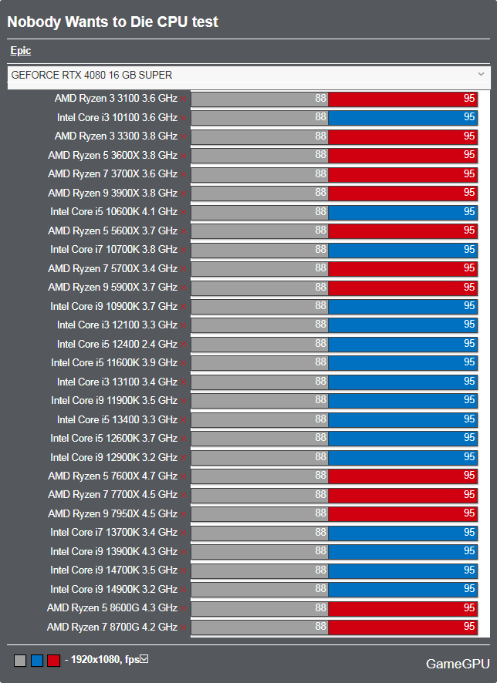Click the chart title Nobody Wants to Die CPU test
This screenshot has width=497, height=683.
click(x=113, y=22)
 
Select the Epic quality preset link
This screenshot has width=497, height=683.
click(x=21, y=51)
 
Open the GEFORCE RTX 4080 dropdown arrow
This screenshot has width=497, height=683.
click(x=481, y=74)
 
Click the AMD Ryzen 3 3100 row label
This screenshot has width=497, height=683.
click(x=116, y=99)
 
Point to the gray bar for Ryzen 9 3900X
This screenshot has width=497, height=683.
click(x=259, y=193)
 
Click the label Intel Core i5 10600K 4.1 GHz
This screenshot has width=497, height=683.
click(x=113, y=212)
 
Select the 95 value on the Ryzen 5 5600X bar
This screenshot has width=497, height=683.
click(x=469, y=230)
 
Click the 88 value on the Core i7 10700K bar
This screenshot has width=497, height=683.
click(x=321, y=249)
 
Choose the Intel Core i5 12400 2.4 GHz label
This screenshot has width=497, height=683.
click(x=117, y=344)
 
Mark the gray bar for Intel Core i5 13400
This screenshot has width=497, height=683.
click(x=259, y=419)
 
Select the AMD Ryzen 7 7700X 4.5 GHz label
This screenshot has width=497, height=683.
click(x=113, y=495)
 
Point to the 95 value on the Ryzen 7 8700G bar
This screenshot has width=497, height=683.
click(x=469, y=627)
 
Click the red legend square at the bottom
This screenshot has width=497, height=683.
click(x=53, y=661)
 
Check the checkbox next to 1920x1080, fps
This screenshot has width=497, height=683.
click(x=144, y=659)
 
